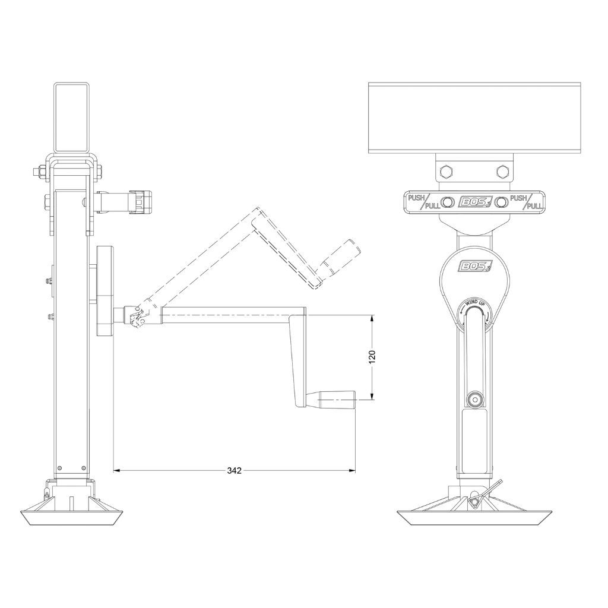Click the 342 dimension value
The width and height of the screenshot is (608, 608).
[234, 470]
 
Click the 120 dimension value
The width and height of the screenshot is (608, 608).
[372, 357]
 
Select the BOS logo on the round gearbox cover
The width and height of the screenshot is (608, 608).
[474, 267]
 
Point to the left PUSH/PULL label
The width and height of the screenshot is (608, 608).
[424, 202]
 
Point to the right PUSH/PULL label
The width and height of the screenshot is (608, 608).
[525, 202]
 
